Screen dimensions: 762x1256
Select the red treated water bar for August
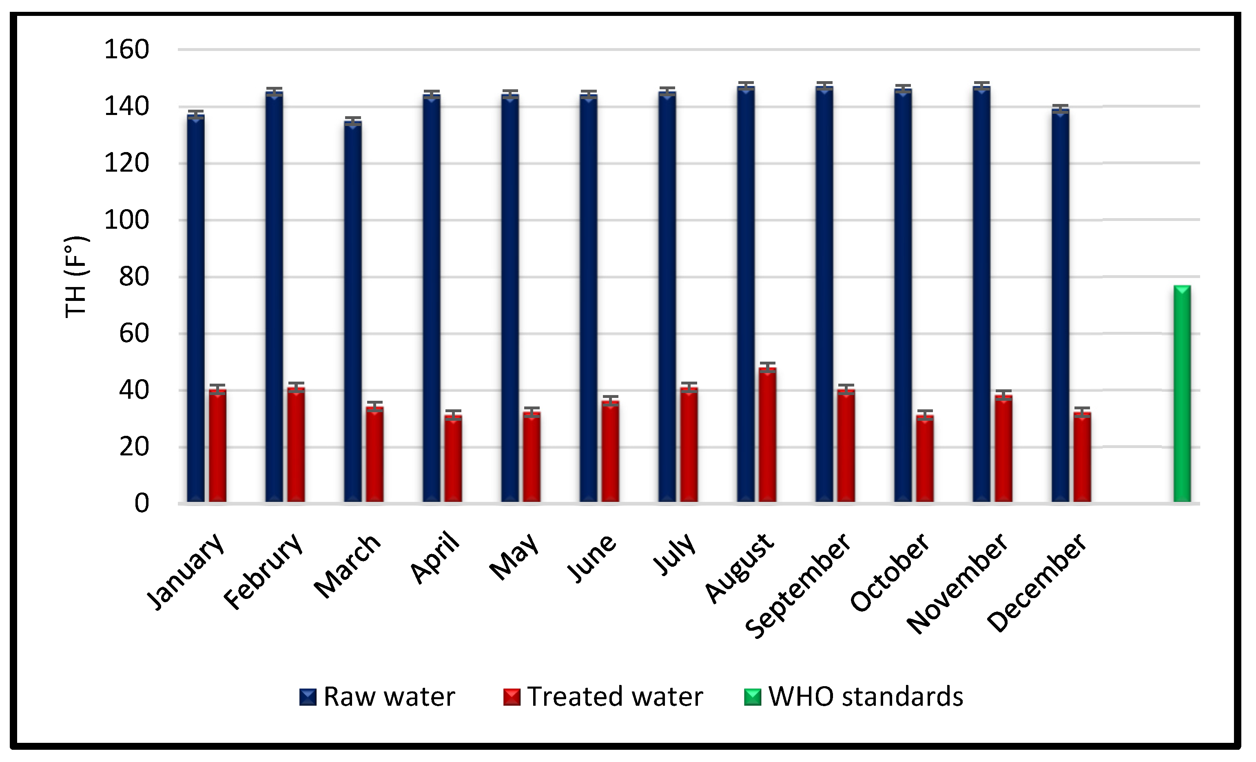[768, 435]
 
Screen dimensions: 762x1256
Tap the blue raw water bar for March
[353, 311]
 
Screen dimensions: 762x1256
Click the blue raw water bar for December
[1060, 306]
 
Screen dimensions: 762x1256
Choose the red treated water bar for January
[218, 445]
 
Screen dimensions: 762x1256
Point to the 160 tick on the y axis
[126, 50]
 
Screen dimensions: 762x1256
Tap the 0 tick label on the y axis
[141, 503]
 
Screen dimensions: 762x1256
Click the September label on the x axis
[798, 586]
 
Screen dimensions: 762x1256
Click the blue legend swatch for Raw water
[308, 697]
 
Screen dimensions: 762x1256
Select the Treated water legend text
[615, 696]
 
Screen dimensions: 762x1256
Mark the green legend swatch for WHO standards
[752, 697]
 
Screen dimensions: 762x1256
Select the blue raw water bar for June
[588, 298]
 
